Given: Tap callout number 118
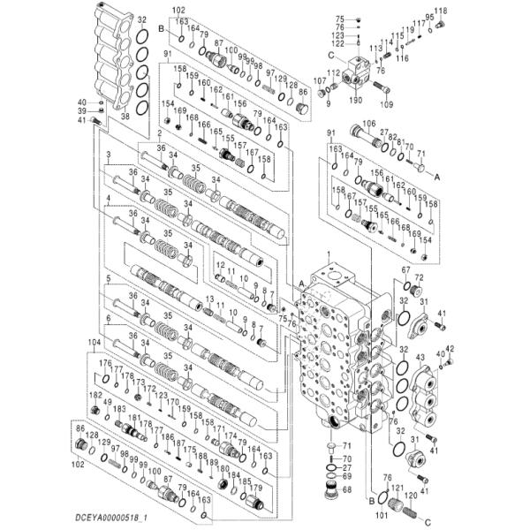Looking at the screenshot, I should coord(441,10).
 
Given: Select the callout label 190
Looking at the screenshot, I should coord(356,100).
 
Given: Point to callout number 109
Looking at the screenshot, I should coord(386,103).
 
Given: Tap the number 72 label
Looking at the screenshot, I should coord(419,278).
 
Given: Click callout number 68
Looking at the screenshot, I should coord(346,490).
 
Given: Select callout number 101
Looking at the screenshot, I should coord(381,515).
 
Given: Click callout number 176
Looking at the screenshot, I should coord(104,363).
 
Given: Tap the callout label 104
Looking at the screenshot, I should coord(95,341).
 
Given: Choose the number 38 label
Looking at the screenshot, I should coord(125,117).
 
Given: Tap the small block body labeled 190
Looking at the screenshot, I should coord(360,70).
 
